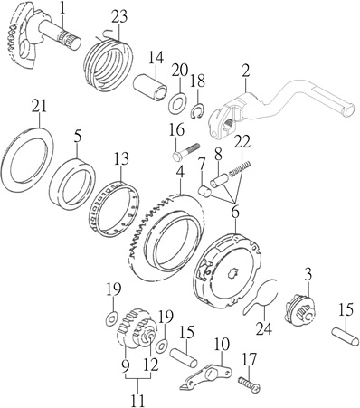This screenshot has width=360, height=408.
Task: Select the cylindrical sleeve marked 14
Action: coord(150,87)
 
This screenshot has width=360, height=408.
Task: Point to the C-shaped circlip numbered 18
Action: coord(198,112)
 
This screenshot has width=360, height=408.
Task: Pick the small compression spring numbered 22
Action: coord(240,170)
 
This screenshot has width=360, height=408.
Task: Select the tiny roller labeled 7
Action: coord(204,192)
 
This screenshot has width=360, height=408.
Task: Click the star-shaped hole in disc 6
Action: coord(232,272)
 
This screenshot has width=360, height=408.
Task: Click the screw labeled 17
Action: coord(250,383)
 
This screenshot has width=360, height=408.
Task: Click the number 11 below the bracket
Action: coord(137,396)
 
